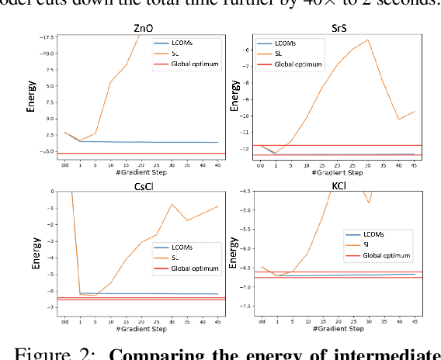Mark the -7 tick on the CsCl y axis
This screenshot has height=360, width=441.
click(x=50, y=308)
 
